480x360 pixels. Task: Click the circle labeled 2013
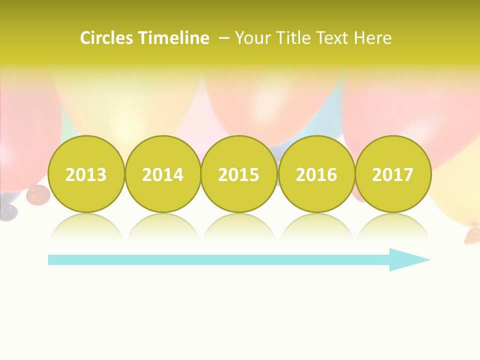point(86,174)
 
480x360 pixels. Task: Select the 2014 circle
point(162,174)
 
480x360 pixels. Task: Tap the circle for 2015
point(239,174)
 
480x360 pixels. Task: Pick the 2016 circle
point(316,174)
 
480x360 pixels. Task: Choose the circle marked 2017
point(392,174)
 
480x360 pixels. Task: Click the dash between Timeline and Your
point(224,38)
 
